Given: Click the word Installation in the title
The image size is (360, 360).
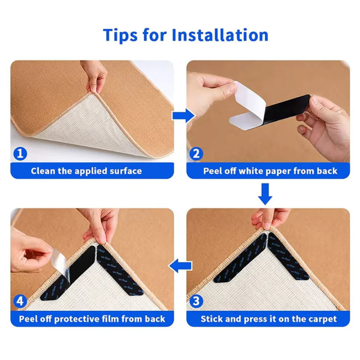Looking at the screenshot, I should [x=220, y=35].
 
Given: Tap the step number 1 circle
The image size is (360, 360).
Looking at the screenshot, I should [x=20, y=154].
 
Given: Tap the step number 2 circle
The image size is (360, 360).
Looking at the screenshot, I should [x=196, y=154].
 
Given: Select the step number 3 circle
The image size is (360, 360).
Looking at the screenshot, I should [x=197, y=301].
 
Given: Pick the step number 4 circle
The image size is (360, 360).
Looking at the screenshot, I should [x=20, y=301].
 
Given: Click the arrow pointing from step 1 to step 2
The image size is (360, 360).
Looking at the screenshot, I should [x=182, y=116].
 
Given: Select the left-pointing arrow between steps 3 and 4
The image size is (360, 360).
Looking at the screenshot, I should [x=181, y=265].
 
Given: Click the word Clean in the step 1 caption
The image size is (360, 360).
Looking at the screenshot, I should [x=43, y=171].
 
